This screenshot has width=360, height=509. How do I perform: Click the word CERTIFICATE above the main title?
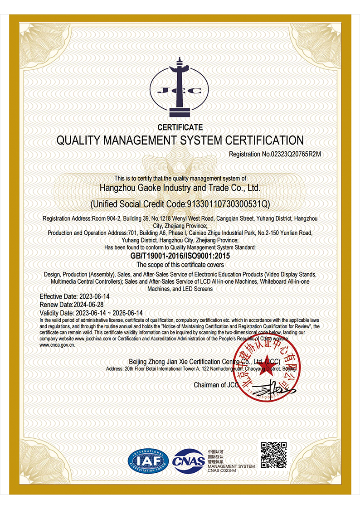click(x=180, y=127)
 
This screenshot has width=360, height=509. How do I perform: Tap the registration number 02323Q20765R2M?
click(x=296, y=154)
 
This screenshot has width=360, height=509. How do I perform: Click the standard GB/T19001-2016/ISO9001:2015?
click(x=180, y=256)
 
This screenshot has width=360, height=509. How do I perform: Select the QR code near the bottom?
click(x=273, y=455)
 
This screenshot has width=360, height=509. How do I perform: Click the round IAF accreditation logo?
click(x=148, y=461)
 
